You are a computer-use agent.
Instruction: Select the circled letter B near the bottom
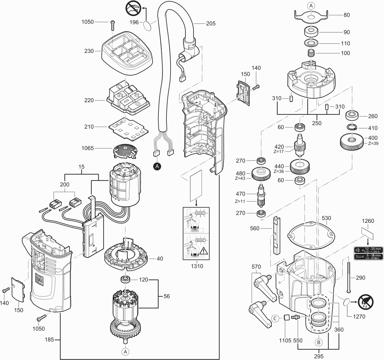coord(318,342)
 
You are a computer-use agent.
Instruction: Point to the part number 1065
coord(88,148)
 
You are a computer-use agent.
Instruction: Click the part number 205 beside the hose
coord(211,23)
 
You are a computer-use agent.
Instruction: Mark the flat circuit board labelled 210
coord(128,128)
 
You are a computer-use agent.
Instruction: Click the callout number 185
coord(49,340)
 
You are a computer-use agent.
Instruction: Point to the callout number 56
coord(167,296)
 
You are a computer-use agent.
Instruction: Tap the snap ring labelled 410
coord(352,128)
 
